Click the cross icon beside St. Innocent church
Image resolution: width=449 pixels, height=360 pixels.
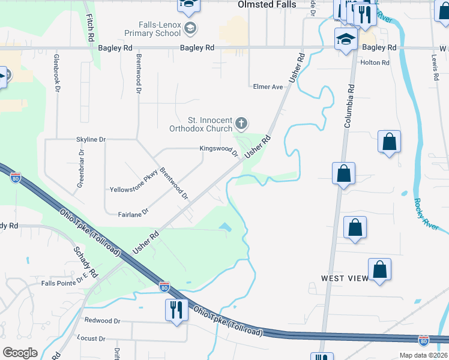click(241, 124)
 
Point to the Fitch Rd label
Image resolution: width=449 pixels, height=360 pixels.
click(90, 28)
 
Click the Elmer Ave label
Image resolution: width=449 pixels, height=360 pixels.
click(267, 87)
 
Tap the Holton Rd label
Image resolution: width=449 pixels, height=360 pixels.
click(375, 62)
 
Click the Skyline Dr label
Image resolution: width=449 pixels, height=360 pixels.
click(91, 139)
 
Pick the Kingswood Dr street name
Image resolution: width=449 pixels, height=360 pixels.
click(219, 150)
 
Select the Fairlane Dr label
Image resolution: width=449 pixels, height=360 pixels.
click(133, 213)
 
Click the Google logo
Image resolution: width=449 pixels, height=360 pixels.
click(20, 353)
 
